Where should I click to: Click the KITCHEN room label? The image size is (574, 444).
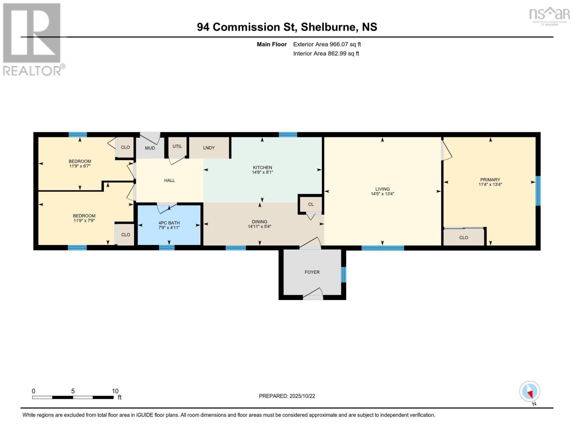pyautogui.click(x=262, y=168)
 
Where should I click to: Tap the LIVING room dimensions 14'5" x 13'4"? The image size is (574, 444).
pyautogui.click(x=383, y=194)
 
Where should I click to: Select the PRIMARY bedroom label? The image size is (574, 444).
pyautogui.click(x=490, y=180)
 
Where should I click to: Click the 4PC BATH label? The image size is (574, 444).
pyautogui.click(x=169, y=223)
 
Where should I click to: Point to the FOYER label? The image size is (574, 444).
pyautogui.click(x=312, y=272)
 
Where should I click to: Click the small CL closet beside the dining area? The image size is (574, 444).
pyautogui.click(x=311, y=204)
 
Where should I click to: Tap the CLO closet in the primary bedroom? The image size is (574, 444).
pyautogui.click(x=463, y=238)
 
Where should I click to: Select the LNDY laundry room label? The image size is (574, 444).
pyautogui.click(x=209, y=148)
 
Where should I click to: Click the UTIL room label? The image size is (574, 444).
pyautogui.click(x=177, y=146)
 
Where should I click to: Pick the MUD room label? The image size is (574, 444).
pyautogui.click(x=150, y=148)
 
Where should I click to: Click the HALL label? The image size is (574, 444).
pyautogui.click(x=169, y=181)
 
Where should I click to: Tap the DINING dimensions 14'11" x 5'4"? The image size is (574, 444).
pyautogui.click(x=259, y=226)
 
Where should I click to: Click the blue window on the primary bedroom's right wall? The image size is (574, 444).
pyautogui.click(x=538, y=191)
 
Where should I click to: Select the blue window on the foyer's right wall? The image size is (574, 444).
pyautogui.click(x=343, y=275)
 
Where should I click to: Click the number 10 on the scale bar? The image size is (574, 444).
pyautogui.click(x=115, y=391)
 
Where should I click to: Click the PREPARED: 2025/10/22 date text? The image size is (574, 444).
pyautogui.click(x=287, y=396)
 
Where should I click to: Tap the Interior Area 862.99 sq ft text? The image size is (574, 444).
pyautogui.click(x=326, y=53)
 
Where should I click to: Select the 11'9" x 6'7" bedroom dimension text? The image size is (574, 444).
pyautogui.click(x=80, y=166)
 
